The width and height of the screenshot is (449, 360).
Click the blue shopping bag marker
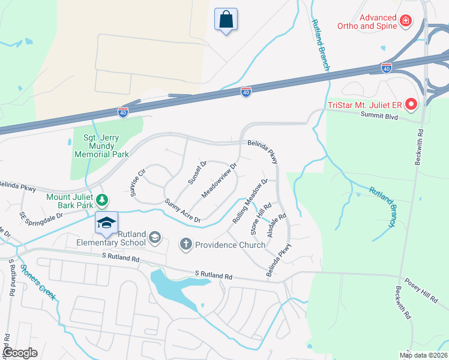(x=226, y=19)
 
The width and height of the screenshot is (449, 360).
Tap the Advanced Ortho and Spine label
(x=378, y=22)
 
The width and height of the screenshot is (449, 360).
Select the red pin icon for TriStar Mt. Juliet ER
(x=411, y=105)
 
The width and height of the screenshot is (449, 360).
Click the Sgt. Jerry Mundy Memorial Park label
(x=101, y=146)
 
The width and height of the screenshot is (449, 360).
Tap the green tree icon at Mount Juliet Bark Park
(x=103, y=199)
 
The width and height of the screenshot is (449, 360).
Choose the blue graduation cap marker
(x=106, y=223)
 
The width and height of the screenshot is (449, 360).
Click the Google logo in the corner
(x=20, y=353)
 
